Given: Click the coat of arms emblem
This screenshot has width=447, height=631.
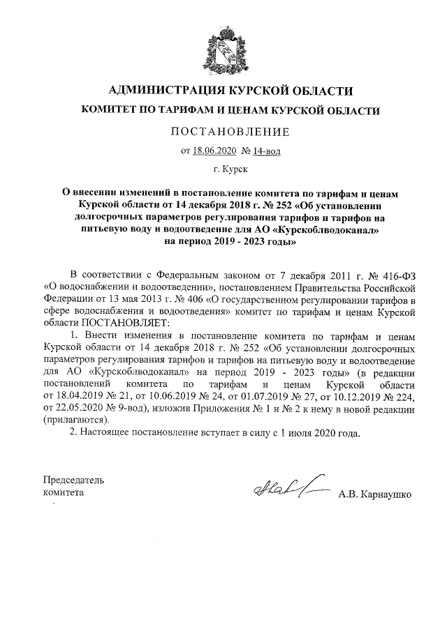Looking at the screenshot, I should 223,51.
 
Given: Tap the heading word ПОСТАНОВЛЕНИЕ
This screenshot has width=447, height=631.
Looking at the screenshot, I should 223,131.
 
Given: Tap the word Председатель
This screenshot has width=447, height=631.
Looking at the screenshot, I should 73,480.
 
